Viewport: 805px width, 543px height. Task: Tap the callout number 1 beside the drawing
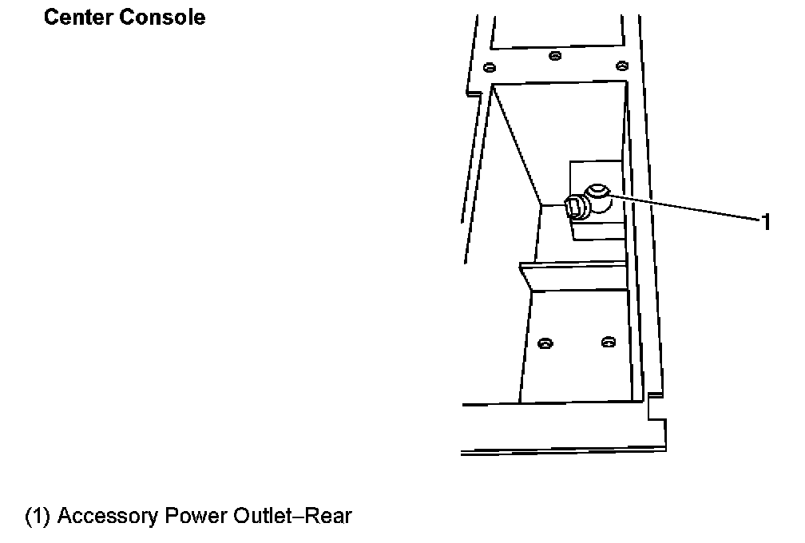765,223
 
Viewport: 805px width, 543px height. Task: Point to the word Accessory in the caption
108,517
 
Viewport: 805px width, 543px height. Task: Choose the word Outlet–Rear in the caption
291,517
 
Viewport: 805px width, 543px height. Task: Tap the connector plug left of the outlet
574,208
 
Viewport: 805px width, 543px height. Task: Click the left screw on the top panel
490,66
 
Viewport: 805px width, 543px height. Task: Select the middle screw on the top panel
555,56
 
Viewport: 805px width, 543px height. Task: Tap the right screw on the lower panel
609,343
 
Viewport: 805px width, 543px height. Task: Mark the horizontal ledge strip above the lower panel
575,275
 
